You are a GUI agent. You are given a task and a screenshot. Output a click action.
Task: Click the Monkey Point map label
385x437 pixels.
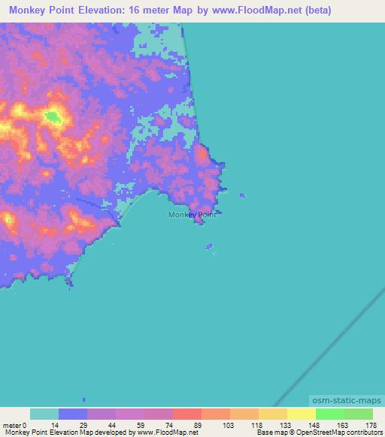click(x=192, y=215)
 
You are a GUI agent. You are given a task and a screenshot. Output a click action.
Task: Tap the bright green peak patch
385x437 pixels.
click(x=53, y=116)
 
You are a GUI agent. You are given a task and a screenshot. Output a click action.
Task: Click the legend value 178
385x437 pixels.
click(x=371, y=425)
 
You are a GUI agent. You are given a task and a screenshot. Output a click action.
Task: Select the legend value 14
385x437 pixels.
click(x=55, y=425)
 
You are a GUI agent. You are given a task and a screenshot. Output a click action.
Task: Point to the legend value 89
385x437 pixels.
click(x=198, y=425)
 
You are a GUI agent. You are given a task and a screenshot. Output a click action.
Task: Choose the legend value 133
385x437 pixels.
click(x=284, y=425)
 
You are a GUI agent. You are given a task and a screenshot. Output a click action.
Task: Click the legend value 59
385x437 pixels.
click(x=141, y=425)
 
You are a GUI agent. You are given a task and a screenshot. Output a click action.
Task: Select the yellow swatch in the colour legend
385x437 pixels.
click(x=301, y=414)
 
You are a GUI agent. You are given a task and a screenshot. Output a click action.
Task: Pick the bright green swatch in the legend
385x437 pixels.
click(x=329, y=414)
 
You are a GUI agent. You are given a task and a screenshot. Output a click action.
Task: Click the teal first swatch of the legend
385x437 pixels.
click(x=44, y=414)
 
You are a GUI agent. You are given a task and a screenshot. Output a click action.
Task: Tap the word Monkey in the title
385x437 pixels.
click(x=31, y=11)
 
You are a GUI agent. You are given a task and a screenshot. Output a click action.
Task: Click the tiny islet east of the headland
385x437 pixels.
click(x=241, y=195)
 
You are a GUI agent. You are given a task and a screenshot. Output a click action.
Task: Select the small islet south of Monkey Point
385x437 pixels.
click(x=209, y=246)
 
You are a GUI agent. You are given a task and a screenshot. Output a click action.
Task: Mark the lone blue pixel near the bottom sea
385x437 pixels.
click(x=83, y=399)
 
